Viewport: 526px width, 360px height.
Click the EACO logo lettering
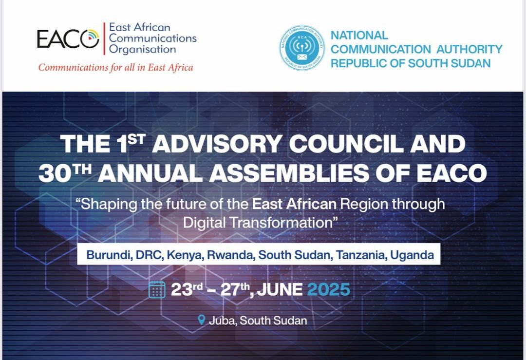(x=68, y=38)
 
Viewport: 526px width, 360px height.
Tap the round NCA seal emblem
(x=302, y=48)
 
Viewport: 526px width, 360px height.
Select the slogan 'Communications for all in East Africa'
(x=116, y=67)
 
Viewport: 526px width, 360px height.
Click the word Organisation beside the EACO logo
(x=143, y=49)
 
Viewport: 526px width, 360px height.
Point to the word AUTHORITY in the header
(x=470, y=49)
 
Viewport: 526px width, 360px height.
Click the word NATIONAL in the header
(x=359, y=35)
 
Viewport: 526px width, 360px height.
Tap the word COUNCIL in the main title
(x=346, y=144)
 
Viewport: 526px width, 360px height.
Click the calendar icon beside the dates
(x=157, y=289)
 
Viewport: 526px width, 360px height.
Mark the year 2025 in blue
(x=328, y=290)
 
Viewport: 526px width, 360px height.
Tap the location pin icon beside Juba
(x=201, y=320)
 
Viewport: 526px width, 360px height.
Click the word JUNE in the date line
(x=280, y=290)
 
